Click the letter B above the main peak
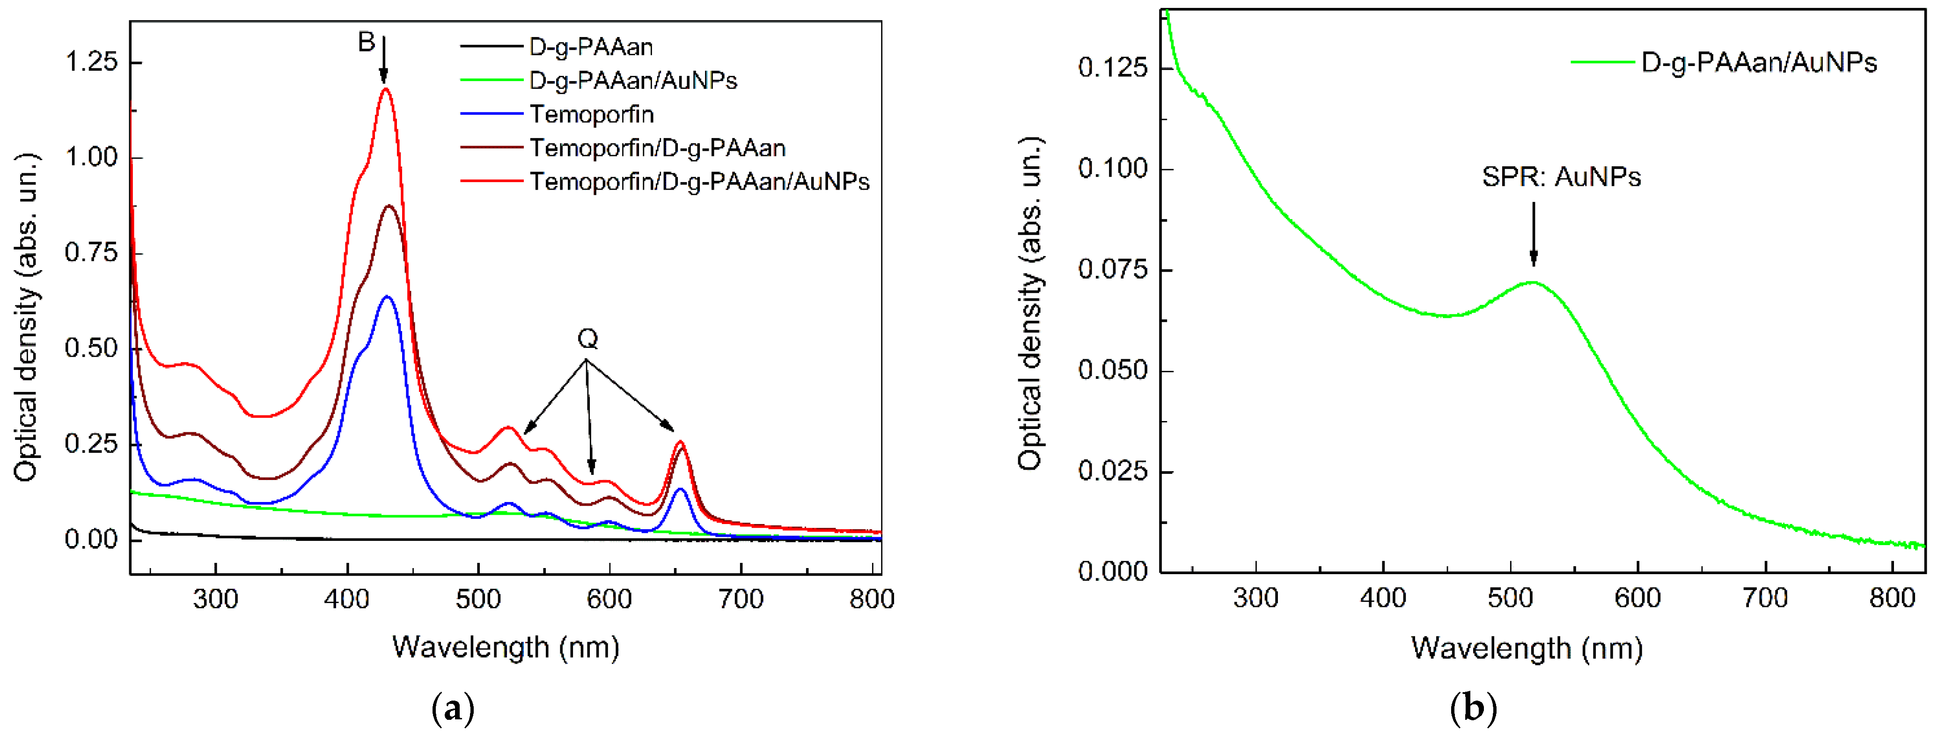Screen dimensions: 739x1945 [x=366, y=42]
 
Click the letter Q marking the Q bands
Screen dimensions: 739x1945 [x=587, y=339]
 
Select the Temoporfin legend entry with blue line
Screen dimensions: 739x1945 [x=591, y=114]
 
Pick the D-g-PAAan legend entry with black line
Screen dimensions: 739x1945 [x=590, y=47]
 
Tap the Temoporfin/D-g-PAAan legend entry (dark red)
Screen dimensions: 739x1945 [x=657, y=148]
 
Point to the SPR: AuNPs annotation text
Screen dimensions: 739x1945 [x=1561, y=177]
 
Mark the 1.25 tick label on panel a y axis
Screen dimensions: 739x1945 [x=91, y=62]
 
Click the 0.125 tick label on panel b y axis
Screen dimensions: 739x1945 [x=1112, y=68]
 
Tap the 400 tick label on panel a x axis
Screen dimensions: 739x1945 [x=346, y=599]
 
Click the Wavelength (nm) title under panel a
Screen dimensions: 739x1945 [x=505, y=648]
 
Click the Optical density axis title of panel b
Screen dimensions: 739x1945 [x=1030, y=304]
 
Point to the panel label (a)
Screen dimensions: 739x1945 [x=453, y=709]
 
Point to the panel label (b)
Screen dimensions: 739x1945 [x=1473, y=709]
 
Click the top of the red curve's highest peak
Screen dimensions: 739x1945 [x=386, y=89]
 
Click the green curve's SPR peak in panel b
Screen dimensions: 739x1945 [x=1532, y=282]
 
